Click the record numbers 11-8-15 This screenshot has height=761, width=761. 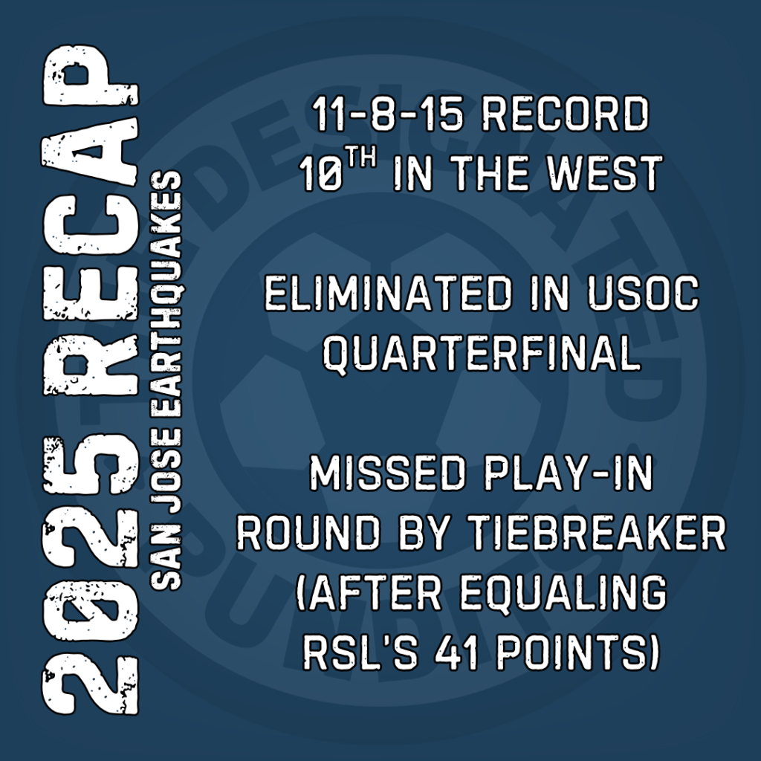[386, 114]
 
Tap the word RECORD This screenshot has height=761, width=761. [565, 114]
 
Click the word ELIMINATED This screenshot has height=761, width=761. [388, 294]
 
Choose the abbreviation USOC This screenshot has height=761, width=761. [643, 294]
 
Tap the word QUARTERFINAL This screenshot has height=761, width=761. [482, 353]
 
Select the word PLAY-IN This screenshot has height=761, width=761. [569, 473]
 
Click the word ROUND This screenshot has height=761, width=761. [308, 532]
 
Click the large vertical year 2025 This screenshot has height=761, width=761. [91, 574]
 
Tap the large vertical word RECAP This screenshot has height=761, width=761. [91, 220]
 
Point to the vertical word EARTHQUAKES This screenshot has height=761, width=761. [166, 298]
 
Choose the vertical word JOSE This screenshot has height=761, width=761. [166, 475]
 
